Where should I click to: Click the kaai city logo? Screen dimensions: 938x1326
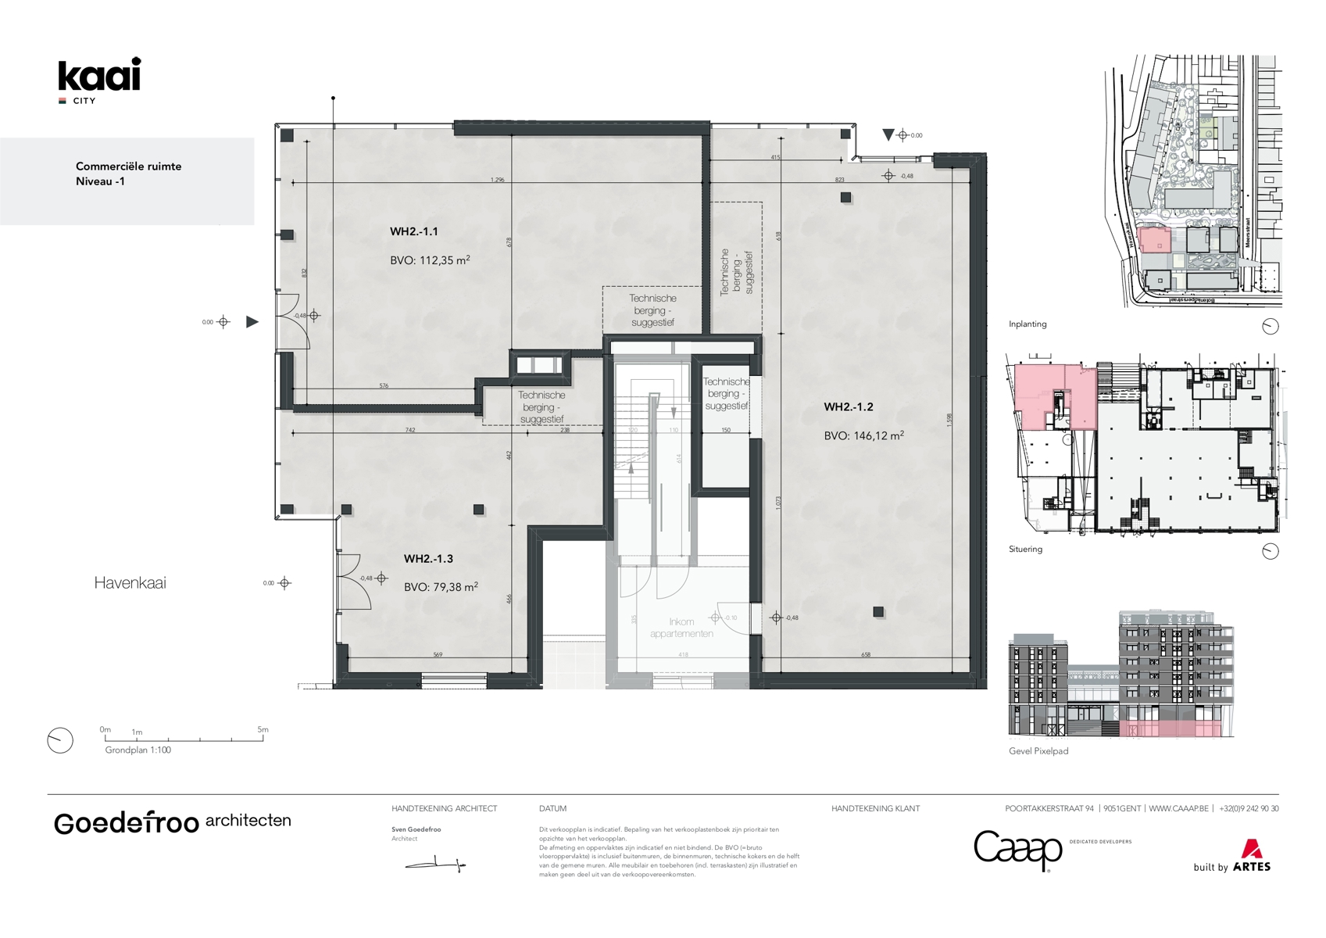click(99, 80)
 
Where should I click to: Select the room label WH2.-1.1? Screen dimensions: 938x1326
click(413, 231)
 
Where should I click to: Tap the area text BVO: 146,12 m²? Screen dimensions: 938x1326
click(863, 436)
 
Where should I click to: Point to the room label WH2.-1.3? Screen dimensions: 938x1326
click(428, 559)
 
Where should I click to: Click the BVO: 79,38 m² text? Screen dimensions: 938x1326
click(441, 587)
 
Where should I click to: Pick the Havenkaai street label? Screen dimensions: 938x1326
click(130, 582)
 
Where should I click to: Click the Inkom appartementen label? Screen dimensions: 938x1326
click(681, 628)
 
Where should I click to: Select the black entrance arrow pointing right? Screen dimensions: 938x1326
click(252, 321)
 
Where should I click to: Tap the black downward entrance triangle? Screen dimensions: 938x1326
click(888, 135)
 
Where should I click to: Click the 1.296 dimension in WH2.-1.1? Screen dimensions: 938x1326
click(497, 180)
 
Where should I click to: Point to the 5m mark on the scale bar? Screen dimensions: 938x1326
click(263, 730)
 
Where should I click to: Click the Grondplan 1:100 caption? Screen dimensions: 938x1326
click(138, 750)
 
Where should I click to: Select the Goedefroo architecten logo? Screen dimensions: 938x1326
click(172, 822)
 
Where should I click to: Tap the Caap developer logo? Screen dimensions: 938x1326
click(1017, 850)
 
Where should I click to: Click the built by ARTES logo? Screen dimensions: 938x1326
click(1232, 857)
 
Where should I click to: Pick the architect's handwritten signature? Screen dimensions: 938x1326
click(435, 864)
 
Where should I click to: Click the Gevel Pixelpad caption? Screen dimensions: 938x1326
click(1038, 751)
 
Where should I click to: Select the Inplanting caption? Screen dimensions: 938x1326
click(1028, 324)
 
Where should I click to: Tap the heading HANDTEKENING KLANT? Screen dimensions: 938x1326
click(875, 809)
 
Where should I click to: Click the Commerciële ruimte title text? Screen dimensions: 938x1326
click(128, 166)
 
